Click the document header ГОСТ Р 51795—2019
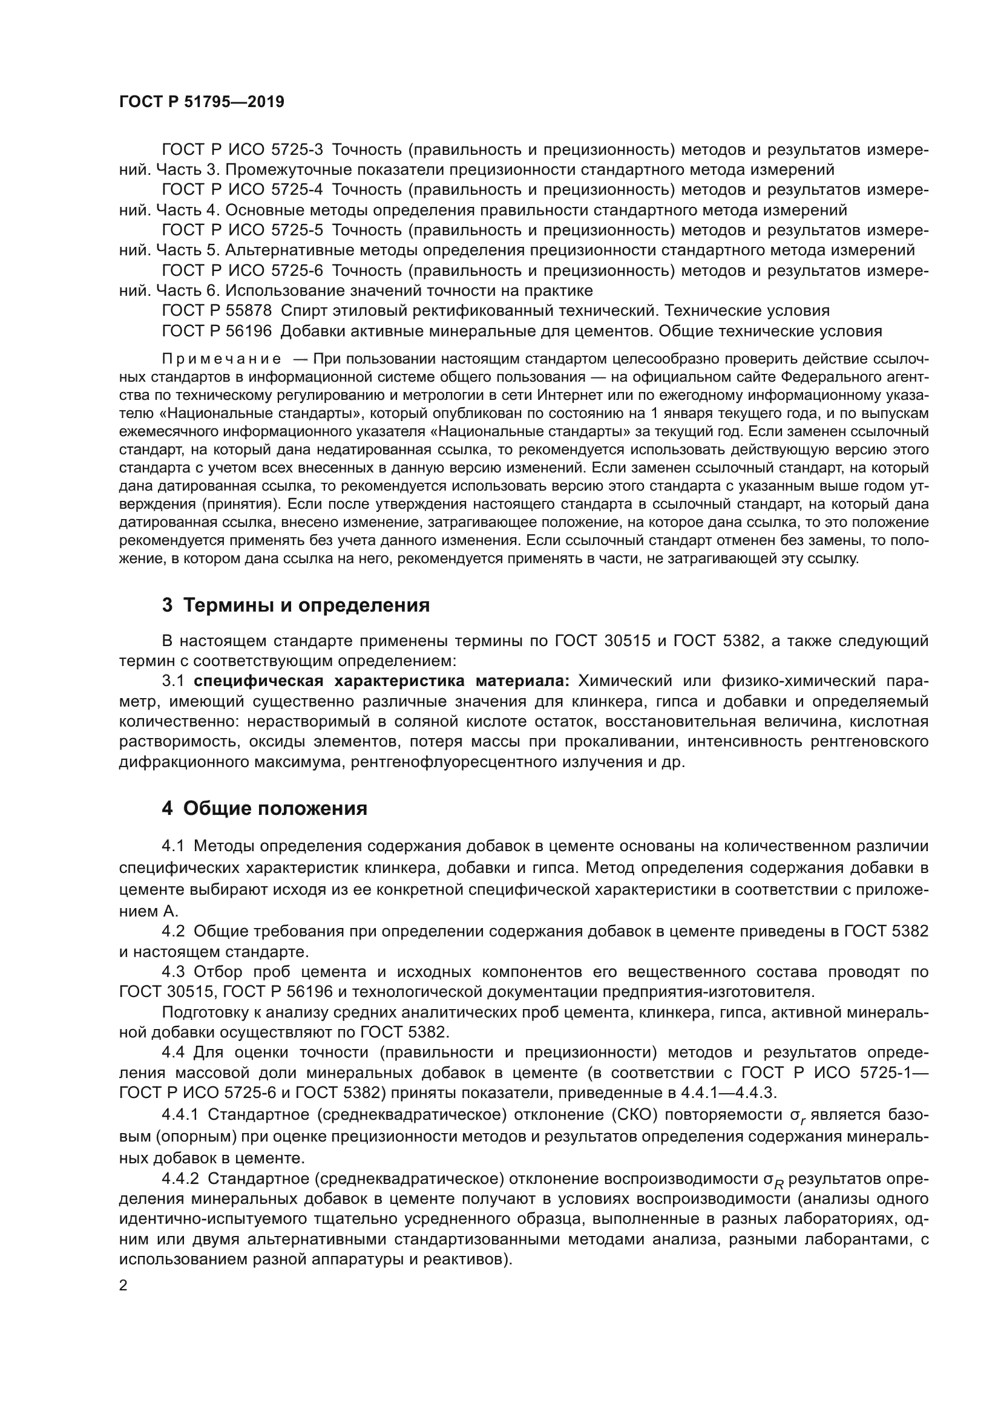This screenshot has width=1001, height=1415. [202, 102]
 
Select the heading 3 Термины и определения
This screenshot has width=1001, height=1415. [295, 605]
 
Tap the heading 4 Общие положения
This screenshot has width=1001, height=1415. [264, 808]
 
